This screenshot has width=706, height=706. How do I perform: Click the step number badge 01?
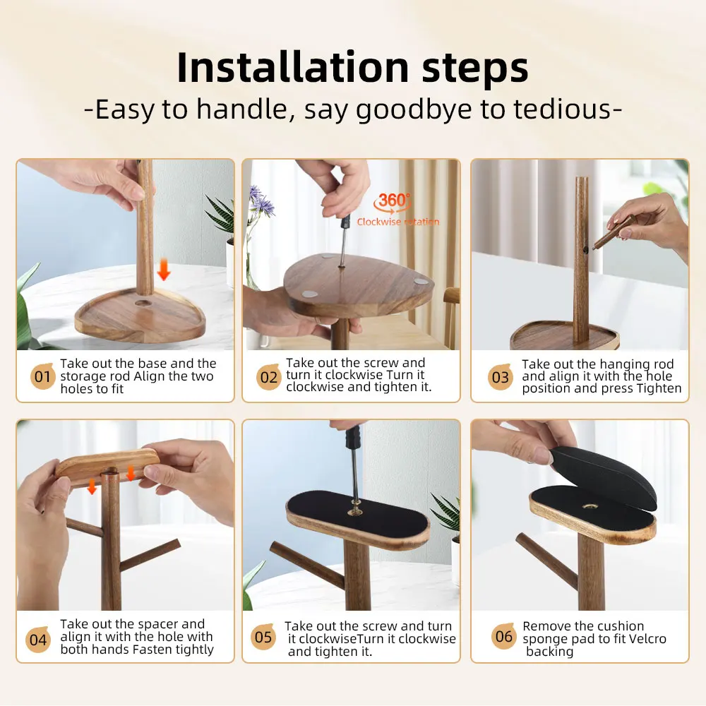(x=43, y=376)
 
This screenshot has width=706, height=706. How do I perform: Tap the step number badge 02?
(x=269, y=377)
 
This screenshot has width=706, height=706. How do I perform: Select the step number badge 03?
(x=501, y=377)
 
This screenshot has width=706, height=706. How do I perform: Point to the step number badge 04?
(x=38, y=639)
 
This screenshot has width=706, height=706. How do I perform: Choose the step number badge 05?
(x=263, y=637)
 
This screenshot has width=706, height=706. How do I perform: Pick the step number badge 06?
(x=504, y=636)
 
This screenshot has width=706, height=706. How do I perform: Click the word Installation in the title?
(x=293, y=68)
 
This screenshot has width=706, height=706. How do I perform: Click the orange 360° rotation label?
(x=393, y=201)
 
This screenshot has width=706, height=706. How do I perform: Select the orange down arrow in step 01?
(x=164, y=269)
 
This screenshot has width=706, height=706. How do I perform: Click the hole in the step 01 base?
(x=143, y=303)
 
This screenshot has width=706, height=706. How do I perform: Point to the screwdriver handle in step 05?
(x=353, y=436)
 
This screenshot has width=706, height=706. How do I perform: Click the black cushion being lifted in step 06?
(x=604, y=477)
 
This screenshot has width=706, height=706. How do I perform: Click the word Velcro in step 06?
(x=647, y=639)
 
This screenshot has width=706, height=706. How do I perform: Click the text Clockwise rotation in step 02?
(x=398, y=222)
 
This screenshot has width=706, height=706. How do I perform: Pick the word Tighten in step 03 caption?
(x=659, y=388)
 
